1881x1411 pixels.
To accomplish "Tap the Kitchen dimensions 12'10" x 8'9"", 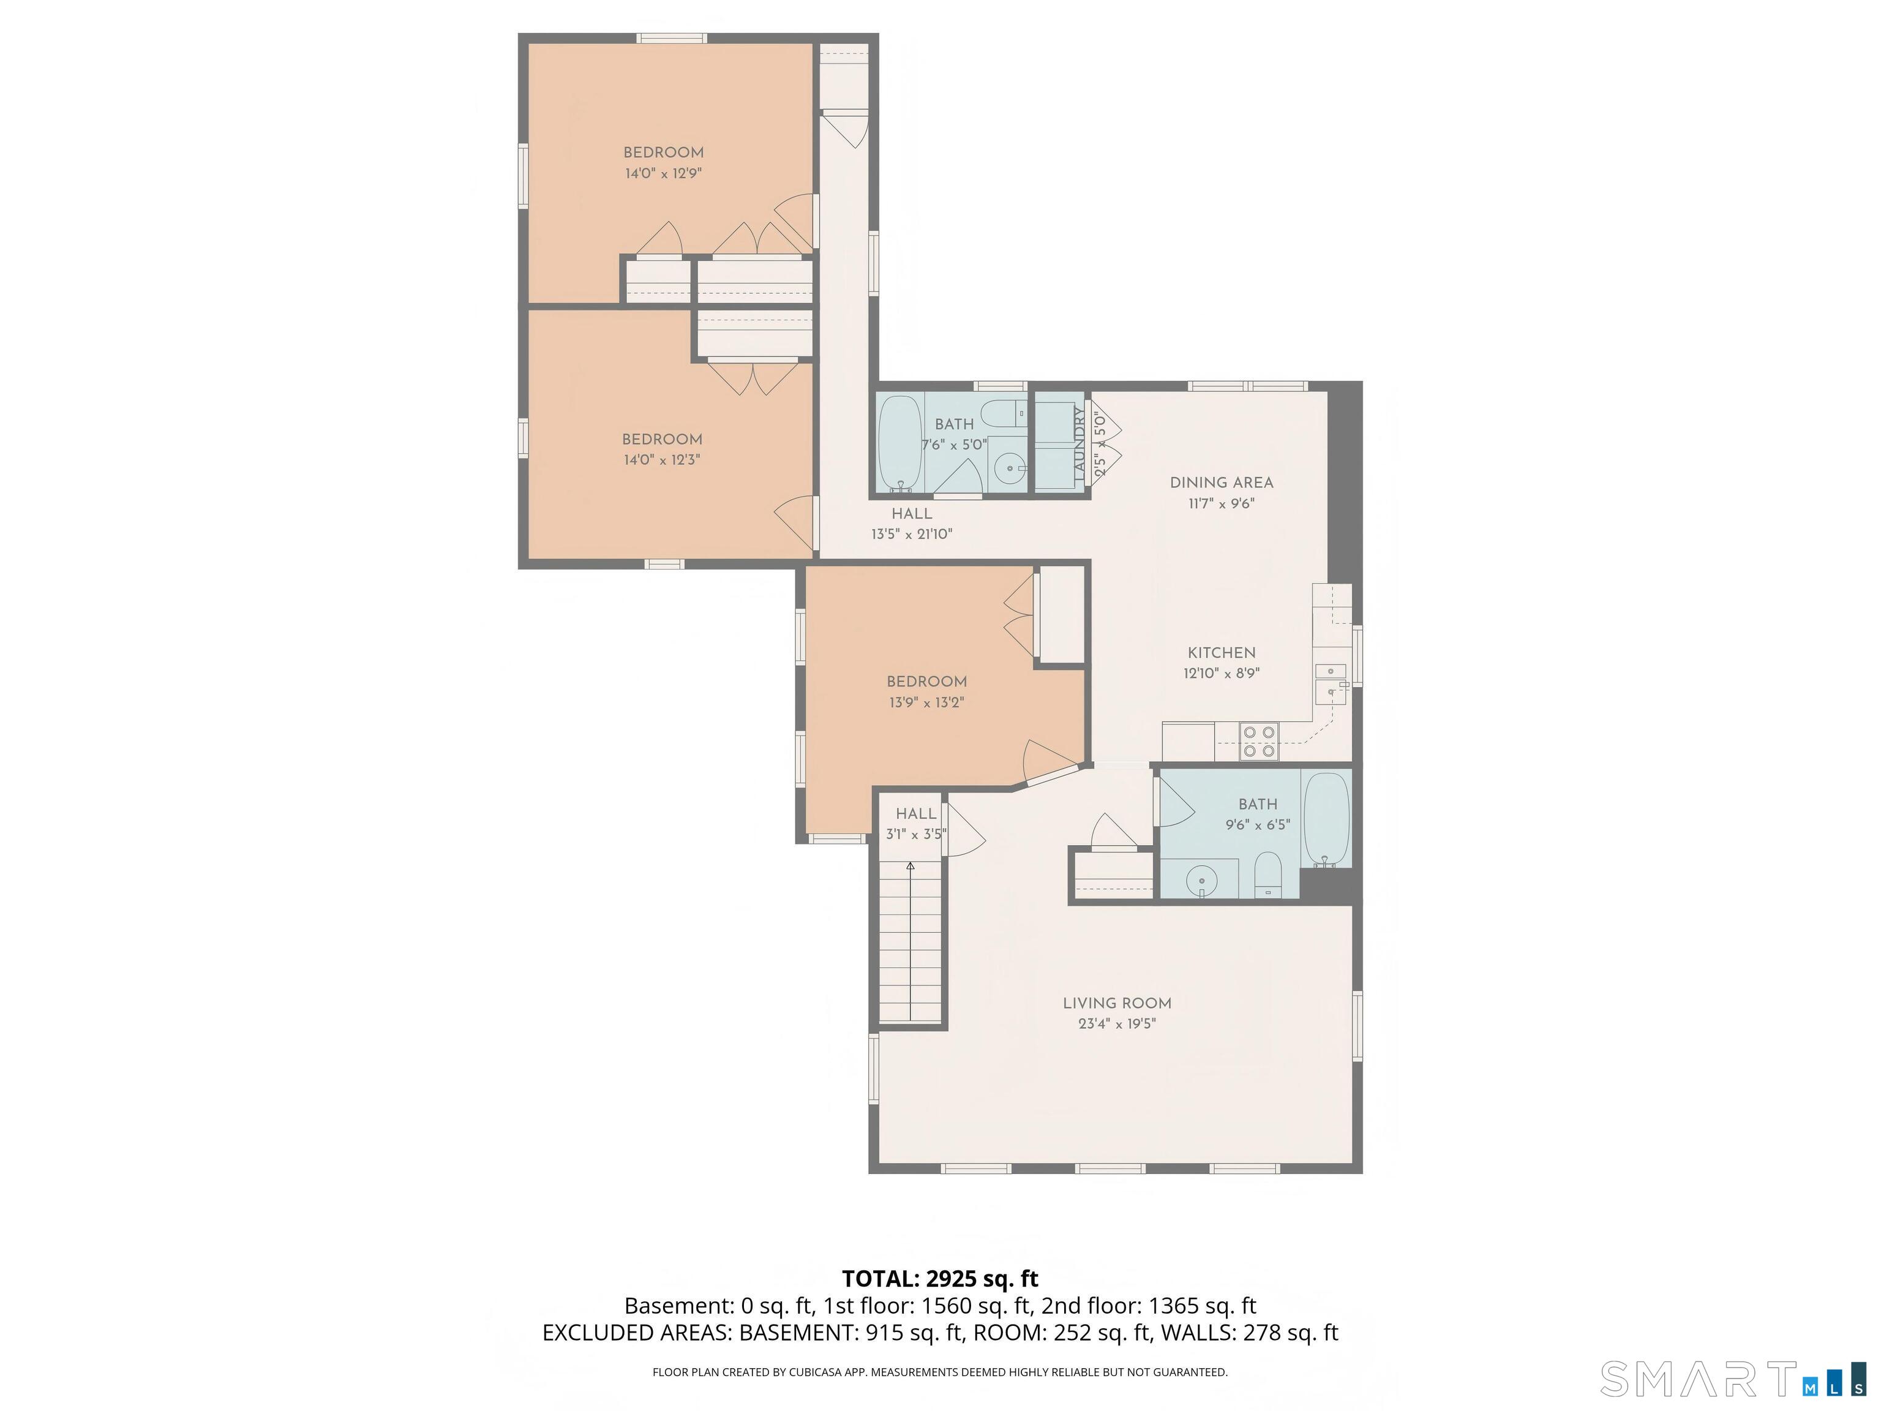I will (1221, 674).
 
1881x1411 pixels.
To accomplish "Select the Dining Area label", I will (1221, 482).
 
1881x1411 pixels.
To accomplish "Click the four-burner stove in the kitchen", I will (1258, 741).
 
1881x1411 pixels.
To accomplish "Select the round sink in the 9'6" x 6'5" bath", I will (1201, 879).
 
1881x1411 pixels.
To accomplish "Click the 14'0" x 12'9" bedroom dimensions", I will (663, 173).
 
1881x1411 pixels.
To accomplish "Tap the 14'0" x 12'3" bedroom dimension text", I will (661, 460).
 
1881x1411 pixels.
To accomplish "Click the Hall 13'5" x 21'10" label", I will (912, 514).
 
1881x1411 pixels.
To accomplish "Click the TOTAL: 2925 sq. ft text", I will (940, 1278).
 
